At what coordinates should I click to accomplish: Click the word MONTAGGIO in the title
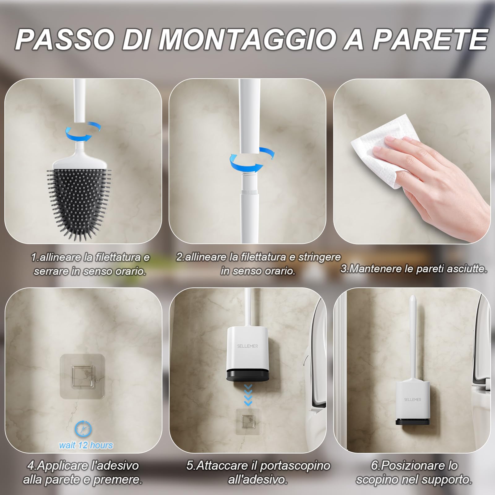click(247, 40)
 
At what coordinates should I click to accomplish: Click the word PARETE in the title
click(430, 40)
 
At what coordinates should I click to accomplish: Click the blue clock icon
click(83, 428)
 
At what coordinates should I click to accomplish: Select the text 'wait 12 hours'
click(86, 445)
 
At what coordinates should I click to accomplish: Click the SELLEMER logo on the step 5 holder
click(247, 346)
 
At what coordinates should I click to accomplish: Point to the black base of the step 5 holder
click(247, 375)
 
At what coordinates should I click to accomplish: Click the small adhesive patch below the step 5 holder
click(248, 421)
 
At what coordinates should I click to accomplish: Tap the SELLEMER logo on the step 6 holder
click(412, 400)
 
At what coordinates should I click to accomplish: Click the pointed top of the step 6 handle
click(412, 299)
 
